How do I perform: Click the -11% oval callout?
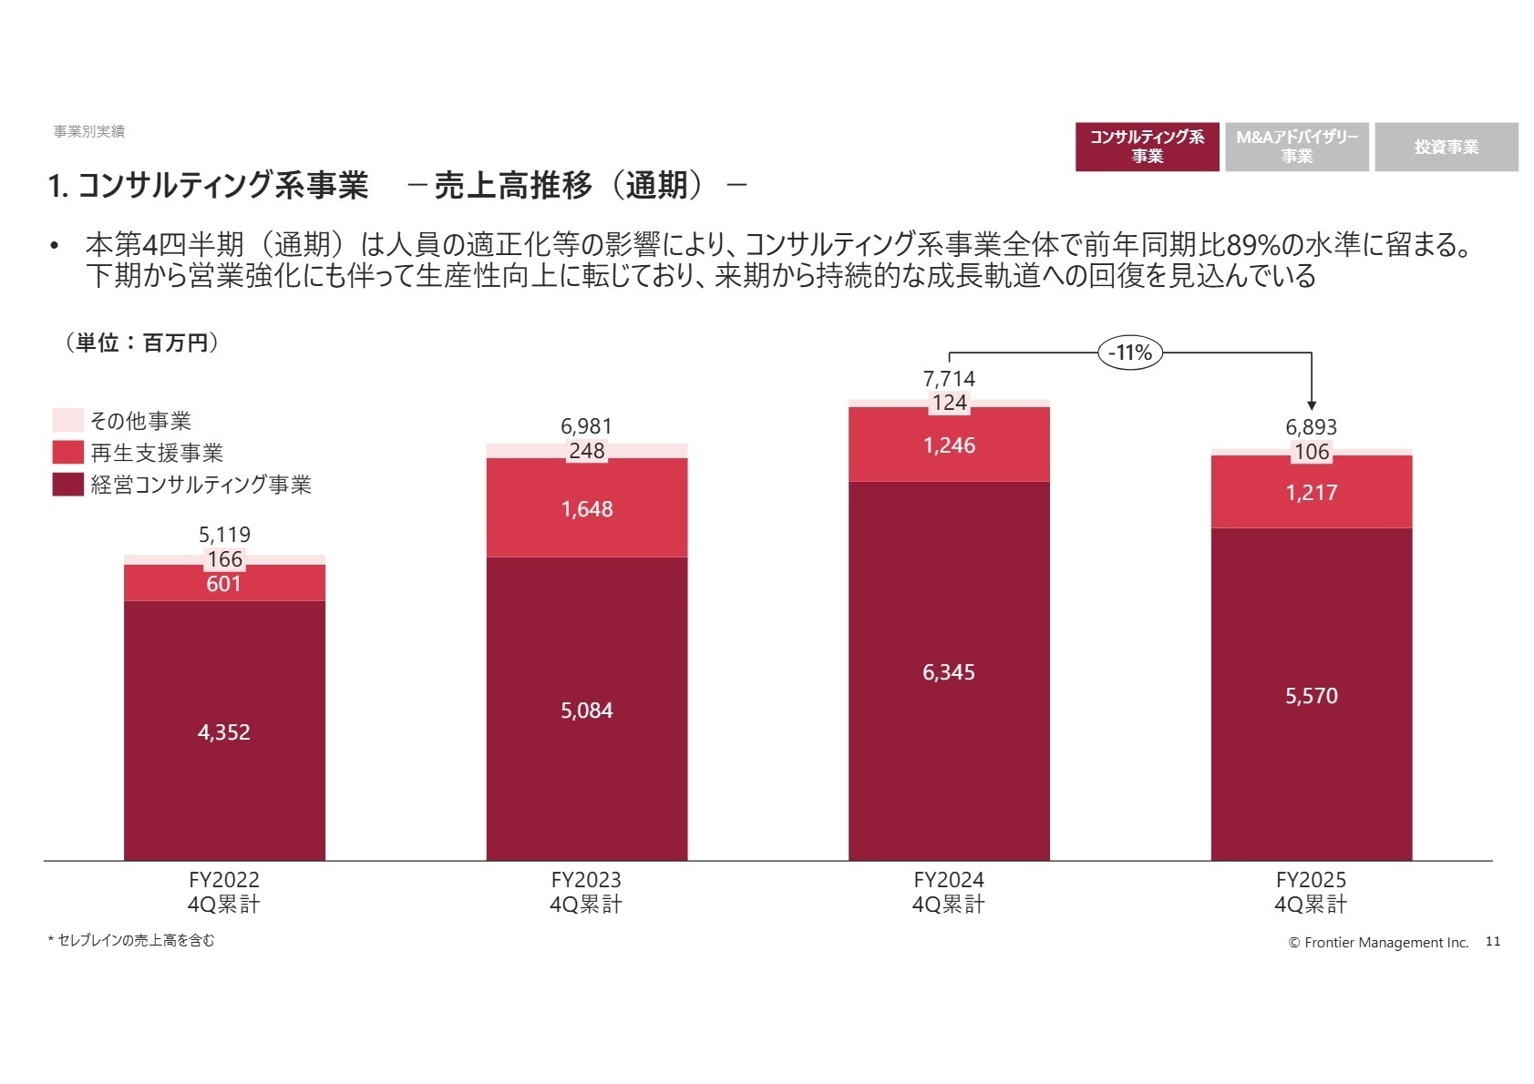point(1130,353)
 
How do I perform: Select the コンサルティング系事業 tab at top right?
point(1147,147)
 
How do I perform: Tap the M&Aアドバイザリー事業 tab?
point(1296,147)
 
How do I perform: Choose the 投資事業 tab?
point(1446,147)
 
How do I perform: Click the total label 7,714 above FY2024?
point(949,379)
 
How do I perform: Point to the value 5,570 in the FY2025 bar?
point(1311,696)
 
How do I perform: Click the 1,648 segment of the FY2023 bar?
point(586,509)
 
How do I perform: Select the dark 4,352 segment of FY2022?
point(224,731)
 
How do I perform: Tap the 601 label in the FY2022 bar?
point(224,584)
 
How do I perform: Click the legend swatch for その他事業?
point(68,420)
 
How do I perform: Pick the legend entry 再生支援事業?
point(156,453)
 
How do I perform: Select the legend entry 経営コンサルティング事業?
point(201,485)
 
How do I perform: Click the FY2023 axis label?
point(586,892)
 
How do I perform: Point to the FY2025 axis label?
point(1311,892)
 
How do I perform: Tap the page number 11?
point(1492,941)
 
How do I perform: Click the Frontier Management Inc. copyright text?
point(1378,942)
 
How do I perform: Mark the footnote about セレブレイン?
point(132,940)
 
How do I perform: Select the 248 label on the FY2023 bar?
point(586,451)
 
